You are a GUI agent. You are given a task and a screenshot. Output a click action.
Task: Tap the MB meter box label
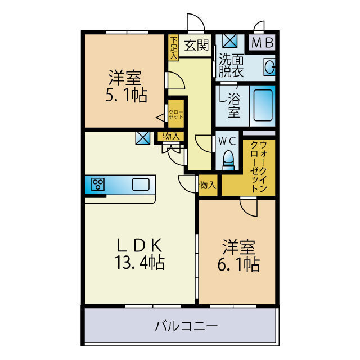click(x=262, y=43)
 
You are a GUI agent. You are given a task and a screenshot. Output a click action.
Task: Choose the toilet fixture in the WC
click(x=228, y=162)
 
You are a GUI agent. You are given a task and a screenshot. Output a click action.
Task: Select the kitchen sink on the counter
click(x=141, y=184)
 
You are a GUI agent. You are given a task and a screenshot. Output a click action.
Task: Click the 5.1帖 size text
click(x=126, y=96)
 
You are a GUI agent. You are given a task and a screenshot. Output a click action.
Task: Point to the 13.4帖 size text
click(x=141, y=262)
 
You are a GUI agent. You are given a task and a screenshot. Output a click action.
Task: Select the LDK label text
click(x=139, y=245)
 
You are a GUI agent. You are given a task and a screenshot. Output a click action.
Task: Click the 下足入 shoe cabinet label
click(x=174, y=48)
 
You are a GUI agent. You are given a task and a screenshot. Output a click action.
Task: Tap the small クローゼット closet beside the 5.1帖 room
click(x=176, y=116)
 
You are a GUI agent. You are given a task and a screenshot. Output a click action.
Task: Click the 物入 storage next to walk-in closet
click(x=207, y=184)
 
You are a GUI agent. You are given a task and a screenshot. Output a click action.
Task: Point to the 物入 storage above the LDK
click(x=171, y=137)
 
